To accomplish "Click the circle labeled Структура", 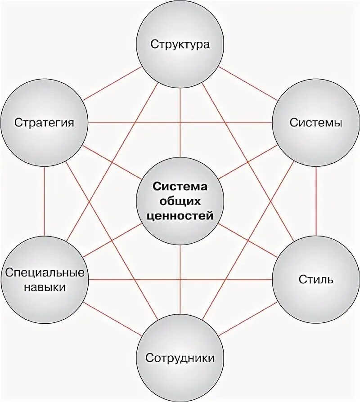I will [x=180, y=45].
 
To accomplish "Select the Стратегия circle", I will [x=44, y=122].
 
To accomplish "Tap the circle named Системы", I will [x=316, y=122].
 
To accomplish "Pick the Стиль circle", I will [x=316, y=279].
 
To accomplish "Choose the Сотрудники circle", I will [x=180, y=358].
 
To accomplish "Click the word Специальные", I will [x=45, y=273].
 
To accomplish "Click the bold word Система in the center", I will [x=180, y=187].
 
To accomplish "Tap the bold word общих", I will [x=180, y=201].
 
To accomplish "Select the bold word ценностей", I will [x=180, y=216].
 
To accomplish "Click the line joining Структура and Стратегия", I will [x=112, y=84].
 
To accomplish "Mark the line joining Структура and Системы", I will [x=247, y=84].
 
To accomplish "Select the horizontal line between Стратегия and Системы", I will [x=180, y=123].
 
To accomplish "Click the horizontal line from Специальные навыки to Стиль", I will [x=180, y=279].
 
